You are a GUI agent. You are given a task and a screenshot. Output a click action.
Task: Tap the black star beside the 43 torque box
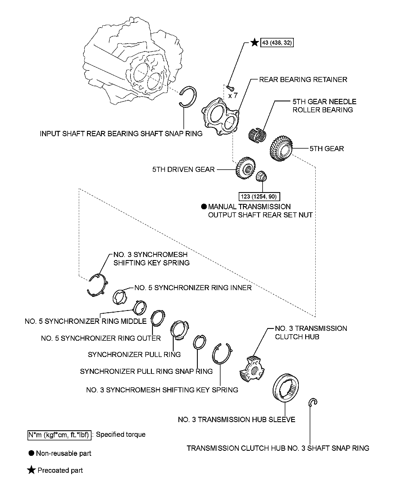(x=254, y=43)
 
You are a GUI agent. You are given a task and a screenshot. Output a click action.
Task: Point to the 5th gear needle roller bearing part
(x=257, y=134)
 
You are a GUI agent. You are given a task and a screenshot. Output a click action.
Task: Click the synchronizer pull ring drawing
(x=180, y=330)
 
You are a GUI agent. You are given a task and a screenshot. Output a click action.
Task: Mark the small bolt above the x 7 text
(x=230, y=88)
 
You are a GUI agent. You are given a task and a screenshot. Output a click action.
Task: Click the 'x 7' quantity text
(x=233, y=96)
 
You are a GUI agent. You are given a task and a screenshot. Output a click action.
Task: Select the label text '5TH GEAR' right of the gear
(x=327, y=148)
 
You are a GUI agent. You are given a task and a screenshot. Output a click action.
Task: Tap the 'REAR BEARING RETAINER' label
(x=303, y=79)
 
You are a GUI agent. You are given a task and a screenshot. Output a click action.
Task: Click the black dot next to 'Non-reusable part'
(x=31, y=453)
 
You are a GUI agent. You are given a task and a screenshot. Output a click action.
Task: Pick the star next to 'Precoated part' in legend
(x=31, y=470)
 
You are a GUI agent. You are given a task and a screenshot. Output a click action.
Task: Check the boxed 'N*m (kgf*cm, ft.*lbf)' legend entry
(x=59, y=435)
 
